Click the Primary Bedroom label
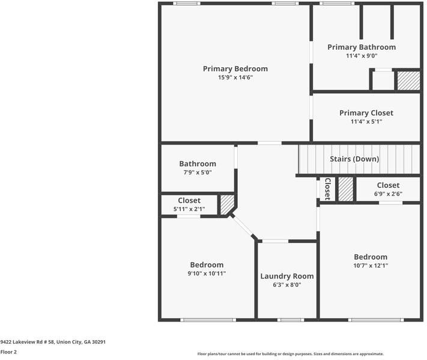[x=235, y=68]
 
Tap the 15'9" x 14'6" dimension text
[x=235, y=77]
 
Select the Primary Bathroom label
[x=361, y=47]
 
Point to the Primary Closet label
[x=366, y=113]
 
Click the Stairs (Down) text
[x=354, y=159]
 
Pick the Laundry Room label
[x=286, y=276]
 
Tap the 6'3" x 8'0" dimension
[x=286, y=285]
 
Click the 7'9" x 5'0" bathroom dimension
[x=197, y=173]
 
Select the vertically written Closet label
[x=328, y=188]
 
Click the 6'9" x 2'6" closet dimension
[x=388, y=194]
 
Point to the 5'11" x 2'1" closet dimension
[x=189, y=209]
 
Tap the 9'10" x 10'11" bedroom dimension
[x=207, y=274]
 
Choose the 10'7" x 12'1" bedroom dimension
[x=370, y=266]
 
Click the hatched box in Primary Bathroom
[x=408, y=80]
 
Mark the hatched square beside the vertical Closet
[x=345, y=189]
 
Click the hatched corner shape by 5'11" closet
[x=226, y=204]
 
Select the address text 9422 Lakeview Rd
[x=53, y=341]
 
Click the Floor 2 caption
[x=8, y=352]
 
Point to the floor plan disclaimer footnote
[x=290, y=354]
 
